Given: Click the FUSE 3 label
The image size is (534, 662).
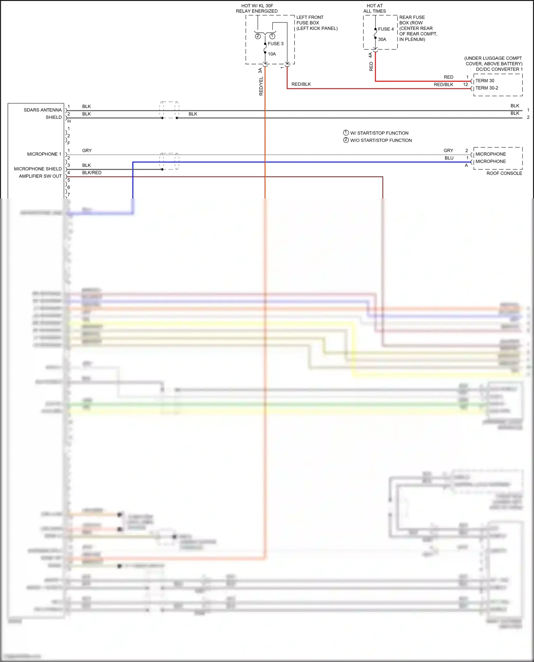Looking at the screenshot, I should [x=276, y=44].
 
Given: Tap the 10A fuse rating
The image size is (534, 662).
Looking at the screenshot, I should [x=272, y=54].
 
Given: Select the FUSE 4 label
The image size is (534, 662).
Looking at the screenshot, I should [x=386, y=29].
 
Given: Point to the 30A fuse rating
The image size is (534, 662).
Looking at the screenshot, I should [x=382, y=39].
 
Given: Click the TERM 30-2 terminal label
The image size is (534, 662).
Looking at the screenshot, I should [x=487, y=88].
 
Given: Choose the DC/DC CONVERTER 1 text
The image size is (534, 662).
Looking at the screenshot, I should [x=499, y=69].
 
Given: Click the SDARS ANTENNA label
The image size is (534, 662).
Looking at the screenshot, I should [x=42, y=110].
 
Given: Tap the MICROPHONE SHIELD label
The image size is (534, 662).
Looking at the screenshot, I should [x=38, y=169].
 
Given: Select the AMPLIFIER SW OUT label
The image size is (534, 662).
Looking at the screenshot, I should [x=40, y=176].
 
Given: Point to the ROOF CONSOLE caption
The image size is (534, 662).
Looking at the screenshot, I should [x=504, y=173].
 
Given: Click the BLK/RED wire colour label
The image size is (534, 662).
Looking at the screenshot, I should [x=92, y=173].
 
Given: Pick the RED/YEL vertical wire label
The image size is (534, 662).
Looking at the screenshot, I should [x=261, y=86].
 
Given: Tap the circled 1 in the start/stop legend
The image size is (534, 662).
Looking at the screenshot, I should [x=346, y=133].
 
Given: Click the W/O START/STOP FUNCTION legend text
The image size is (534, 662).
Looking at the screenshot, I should [x=381, y=141].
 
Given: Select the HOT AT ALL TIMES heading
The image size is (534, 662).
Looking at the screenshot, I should [x=375, y=9].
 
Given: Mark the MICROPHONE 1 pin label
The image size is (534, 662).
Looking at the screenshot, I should [x=44, y=154].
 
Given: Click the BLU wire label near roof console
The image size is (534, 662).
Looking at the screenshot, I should [x=449, y=158].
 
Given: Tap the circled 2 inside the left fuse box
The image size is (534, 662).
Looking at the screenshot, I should [x=258, y=36].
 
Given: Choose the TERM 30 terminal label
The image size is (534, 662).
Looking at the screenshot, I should [x=485, y=81].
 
